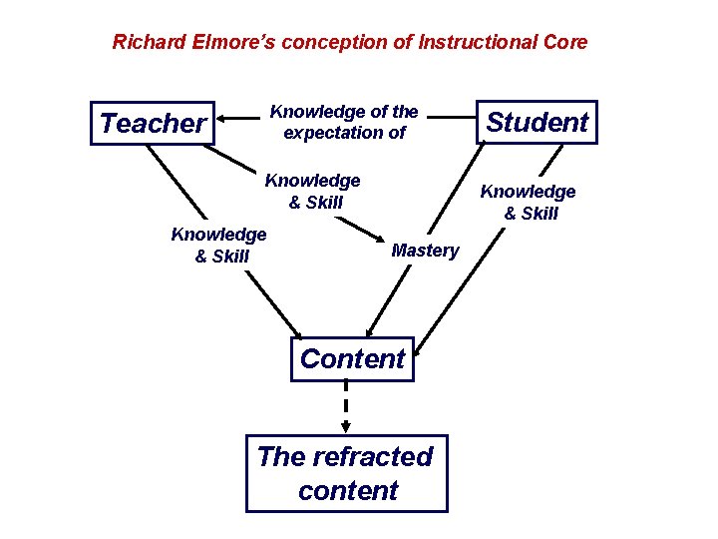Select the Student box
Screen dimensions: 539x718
(538, 123)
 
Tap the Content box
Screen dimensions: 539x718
(352, 359)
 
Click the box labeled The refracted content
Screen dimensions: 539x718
(346, 473)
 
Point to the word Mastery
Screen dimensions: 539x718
(425, 251)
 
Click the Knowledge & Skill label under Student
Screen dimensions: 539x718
(529, 202)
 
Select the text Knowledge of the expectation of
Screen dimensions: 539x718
(344, 122)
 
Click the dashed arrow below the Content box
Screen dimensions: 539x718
(346, 407)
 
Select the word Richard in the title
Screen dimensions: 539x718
(145, 42)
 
